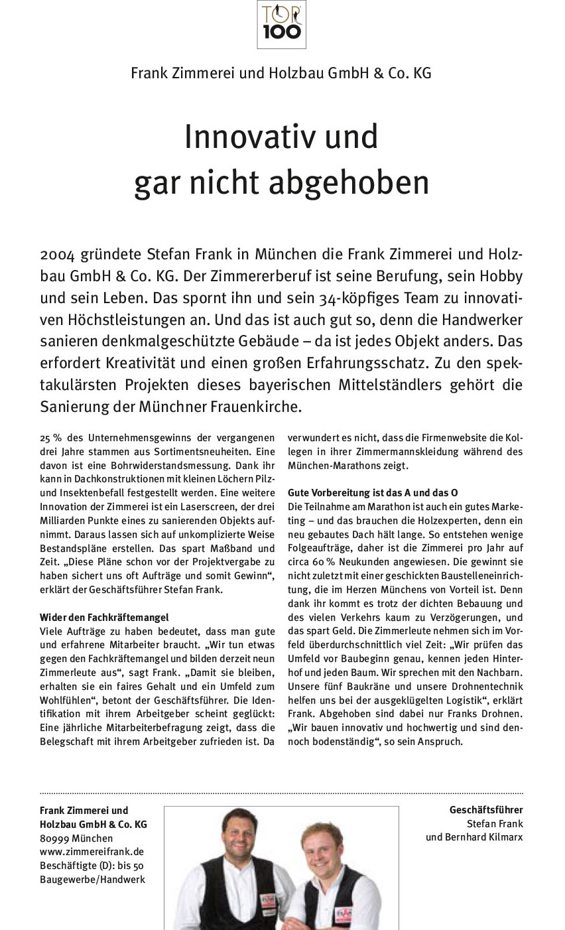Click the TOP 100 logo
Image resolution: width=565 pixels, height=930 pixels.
point(282,25)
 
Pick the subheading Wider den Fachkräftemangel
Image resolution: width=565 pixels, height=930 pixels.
point(104,618)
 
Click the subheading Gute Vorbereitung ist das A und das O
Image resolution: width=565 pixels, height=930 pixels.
point(373,493)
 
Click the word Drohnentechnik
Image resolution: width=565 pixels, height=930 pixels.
point(486,687)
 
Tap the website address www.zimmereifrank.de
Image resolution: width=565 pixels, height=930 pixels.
point(92,852)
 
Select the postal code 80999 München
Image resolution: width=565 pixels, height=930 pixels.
point(76,838)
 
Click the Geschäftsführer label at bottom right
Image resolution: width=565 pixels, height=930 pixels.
point(486,810)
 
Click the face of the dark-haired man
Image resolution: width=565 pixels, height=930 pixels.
point(239,835)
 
